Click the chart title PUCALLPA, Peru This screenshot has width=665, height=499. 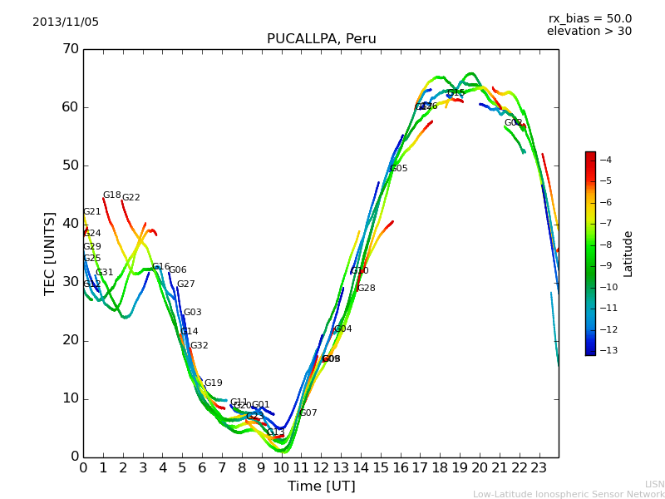pos(321,39)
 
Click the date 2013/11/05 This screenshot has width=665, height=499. pos(66,22)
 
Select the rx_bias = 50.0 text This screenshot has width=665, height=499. pos(589,19)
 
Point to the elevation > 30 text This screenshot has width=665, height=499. pos(589,32)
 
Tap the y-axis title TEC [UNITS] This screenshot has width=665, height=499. pos(50,253)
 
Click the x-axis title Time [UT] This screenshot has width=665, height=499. pos(321,487)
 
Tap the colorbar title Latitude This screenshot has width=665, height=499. pos(628,254)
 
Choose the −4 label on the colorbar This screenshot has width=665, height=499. pos(606,160)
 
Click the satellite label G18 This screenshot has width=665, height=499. pos(112,195)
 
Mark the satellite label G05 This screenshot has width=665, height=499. pos(399,169)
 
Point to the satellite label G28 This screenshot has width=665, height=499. pos(367,289)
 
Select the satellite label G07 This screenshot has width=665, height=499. pos(308,413)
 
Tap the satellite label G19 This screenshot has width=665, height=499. pos(214,383)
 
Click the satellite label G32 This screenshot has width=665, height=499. pos(199,346)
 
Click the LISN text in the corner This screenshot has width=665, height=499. pos(654,484)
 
